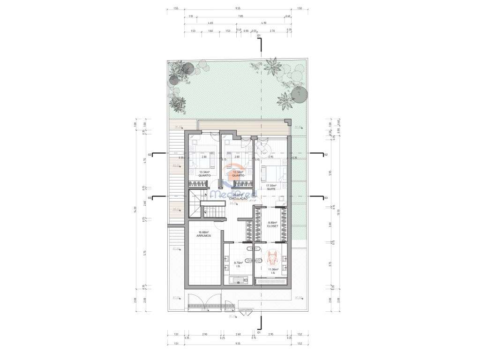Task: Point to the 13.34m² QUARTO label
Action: [x=204, y=174]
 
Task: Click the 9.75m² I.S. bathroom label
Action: [x=238, y=264]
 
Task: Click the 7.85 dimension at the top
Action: [x=240, y=16]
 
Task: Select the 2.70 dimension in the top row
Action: [x=272, y=31]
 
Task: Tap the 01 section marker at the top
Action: [x=259, y=36]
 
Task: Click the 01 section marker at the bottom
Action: [x=259, y=332]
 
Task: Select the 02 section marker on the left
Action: [x=150, y=154]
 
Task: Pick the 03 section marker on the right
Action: [x=325, y=198]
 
